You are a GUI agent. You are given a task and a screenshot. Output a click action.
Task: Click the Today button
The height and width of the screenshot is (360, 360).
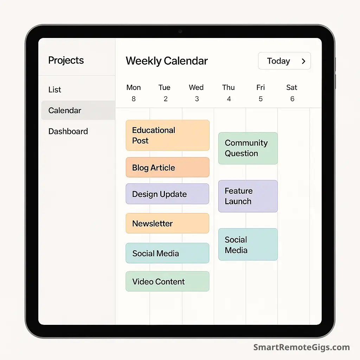(284, 61)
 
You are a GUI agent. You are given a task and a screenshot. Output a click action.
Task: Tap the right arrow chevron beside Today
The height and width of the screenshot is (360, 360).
(303, 61)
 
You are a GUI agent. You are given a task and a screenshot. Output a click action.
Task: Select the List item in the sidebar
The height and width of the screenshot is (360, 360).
(54, 90)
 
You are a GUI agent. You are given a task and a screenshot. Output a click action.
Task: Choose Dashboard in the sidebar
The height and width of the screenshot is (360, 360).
(68, 131)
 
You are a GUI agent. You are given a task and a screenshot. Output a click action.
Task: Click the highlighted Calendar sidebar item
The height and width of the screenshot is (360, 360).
(78, 110)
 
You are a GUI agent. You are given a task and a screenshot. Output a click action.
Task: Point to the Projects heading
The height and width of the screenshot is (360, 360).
(66, 60)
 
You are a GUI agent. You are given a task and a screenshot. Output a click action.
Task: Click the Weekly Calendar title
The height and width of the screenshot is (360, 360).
(167, 61)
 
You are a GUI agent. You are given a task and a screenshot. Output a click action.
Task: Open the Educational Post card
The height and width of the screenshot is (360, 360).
(168, 135)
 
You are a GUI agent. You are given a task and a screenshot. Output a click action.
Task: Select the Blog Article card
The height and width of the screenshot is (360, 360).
(168, 167)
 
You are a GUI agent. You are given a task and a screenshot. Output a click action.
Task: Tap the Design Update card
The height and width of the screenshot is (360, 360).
(167, 194)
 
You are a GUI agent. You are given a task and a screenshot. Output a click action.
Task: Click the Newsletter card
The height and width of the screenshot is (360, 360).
(167, 223)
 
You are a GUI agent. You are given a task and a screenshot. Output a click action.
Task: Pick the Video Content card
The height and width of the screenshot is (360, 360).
(167, 281)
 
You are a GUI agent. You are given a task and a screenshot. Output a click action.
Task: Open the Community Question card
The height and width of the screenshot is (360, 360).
(248, 148)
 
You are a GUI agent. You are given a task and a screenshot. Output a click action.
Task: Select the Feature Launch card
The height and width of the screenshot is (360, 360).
(248, 196)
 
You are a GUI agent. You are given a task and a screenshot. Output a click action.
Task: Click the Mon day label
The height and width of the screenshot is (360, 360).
(133, 88)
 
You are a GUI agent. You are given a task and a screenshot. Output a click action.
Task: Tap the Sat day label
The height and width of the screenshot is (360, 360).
(291, 88)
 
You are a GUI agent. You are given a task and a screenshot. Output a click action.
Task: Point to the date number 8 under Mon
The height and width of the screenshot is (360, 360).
(134, 99)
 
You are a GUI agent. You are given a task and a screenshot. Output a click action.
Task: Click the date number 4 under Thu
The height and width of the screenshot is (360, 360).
(229, 99)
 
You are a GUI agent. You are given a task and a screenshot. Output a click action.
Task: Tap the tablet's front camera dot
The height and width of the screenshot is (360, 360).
(180, 31)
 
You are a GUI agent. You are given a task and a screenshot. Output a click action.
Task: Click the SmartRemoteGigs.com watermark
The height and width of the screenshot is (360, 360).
(301, 347)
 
